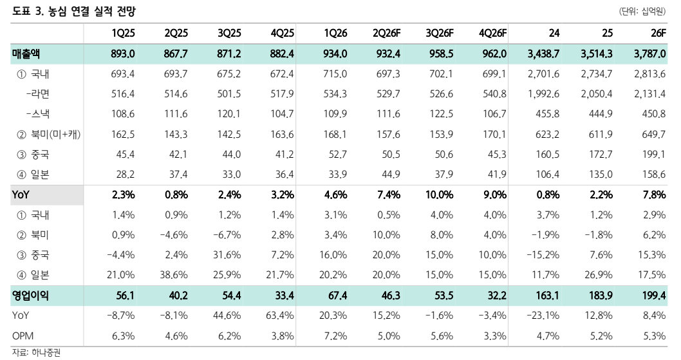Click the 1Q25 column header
(x=124, y=33)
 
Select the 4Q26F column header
(x=492, y=33)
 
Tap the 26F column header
(x=658, y=33)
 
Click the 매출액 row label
(x=26, y=54)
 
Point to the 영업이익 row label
(x=30, y=296)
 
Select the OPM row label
(x=23, y=336)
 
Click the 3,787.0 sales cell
(x=649, y=54)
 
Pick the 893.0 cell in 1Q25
(x=123, y=54)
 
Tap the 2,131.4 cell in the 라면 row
(x=649, y=94)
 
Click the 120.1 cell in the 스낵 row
(x=229, y=114)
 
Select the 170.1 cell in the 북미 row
(x=495, y=135)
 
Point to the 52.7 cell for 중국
(x=337, y=155)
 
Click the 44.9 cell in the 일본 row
(x=391, y=175)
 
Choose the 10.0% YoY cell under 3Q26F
(x=439, y=194)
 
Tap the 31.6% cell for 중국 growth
(x=227, y=255)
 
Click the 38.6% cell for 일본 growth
(x=174, y=275)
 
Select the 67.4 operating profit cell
(x=337, y=296)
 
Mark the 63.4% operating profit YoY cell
(x=280, y=315)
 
